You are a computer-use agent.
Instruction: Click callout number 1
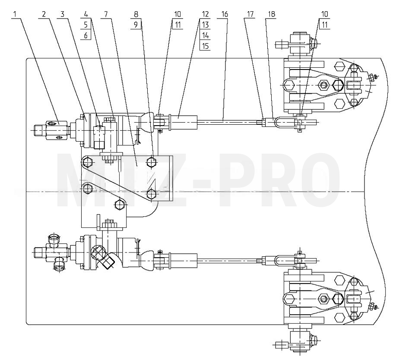[15, 14]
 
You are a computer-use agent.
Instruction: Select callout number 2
[44, 14]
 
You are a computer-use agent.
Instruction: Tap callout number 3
[62, 14]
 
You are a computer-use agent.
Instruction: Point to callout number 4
[86, 14]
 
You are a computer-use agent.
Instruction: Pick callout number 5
[86, 25]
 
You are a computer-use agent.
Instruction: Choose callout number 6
[86, 35]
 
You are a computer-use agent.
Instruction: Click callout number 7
[106, 14]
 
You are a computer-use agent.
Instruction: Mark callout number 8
[136, 14]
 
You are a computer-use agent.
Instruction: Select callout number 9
[136, 25]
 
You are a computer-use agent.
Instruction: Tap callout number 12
[205, 14]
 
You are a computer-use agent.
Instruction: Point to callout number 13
[205, 25]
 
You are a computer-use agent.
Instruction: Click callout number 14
[205, 35]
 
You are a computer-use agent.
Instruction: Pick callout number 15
[205, 46]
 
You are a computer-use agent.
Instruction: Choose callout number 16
[224, 14]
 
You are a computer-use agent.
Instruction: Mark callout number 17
[250, 14]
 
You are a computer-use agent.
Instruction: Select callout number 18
[271, 14]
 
